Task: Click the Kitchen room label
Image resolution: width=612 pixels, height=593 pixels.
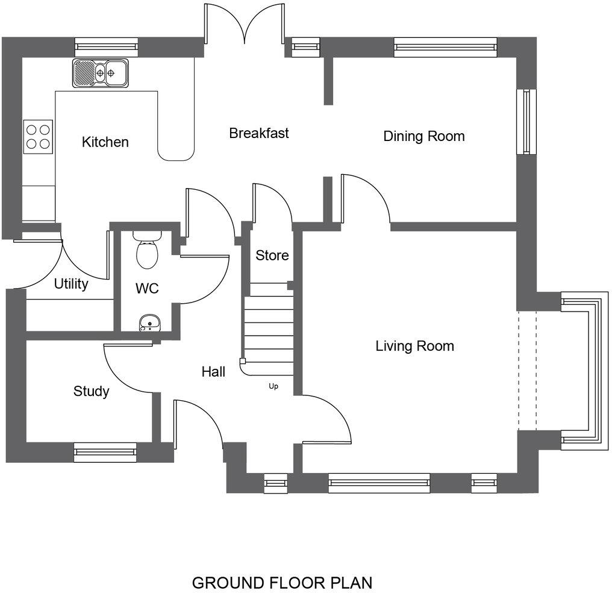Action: [105, 142]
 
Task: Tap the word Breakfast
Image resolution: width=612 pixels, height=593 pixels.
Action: [259, 133]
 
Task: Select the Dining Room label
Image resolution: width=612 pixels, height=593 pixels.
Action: [424, 136]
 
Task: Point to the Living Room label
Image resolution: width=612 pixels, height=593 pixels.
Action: [414, 346]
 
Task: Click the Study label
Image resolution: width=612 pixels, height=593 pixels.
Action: [91, 392]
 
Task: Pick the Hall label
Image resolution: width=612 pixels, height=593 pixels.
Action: [213, 372]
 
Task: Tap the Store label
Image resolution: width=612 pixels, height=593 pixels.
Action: [272, 256]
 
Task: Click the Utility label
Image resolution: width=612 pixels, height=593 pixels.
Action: [71, 284]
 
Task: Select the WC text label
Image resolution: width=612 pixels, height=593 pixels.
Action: [147, 289]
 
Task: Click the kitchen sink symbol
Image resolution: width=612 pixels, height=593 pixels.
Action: [101, 73]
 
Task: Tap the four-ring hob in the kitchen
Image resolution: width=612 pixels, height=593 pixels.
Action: [37, 136]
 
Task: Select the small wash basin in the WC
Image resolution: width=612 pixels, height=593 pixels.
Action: [147, 324]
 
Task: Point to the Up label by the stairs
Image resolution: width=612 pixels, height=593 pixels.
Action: [273, 386]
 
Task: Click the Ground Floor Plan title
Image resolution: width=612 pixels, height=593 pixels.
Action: [282, 583]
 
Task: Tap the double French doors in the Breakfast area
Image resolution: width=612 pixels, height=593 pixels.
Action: [244, 24]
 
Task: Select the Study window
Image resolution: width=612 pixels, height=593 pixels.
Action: [105, 452]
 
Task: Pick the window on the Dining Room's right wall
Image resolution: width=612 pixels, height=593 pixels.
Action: [527, 122]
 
